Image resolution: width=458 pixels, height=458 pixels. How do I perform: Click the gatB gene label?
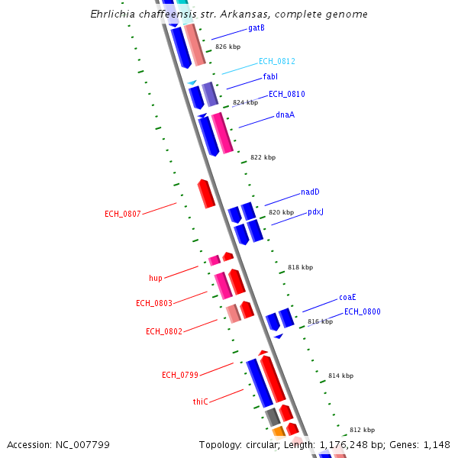click(x=256, y=28)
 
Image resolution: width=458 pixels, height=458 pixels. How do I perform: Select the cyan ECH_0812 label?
click(x=276, y=61)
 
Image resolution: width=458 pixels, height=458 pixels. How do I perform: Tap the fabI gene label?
click(x=270, y=77)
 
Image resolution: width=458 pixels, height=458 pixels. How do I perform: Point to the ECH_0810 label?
click(x=287, y=95)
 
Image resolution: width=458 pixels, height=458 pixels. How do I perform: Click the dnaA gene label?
click(x=285, y=115)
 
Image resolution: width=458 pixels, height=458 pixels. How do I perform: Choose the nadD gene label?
click(x=310, y=192)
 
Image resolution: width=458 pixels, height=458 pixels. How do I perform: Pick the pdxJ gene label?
click(x=315, y=212)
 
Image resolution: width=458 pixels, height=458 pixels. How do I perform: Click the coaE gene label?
click(x=347, y=298)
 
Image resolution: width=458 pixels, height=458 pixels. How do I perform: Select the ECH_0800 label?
click(x=362, y=312)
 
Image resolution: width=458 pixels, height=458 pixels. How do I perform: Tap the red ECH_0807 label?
click(x=122, y=214)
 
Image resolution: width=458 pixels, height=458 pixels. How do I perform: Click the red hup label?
click(x=155, y=278)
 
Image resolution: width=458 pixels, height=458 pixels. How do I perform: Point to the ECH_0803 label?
click(x=154, y=304)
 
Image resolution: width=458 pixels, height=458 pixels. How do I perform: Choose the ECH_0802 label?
click(x=164, y=331)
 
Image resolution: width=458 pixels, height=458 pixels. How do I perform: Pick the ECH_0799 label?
click(x=180, y=375)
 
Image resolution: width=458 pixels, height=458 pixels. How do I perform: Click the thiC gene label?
click(x=200, y=402)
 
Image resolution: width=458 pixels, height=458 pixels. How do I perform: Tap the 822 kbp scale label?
click(x=263, y=158)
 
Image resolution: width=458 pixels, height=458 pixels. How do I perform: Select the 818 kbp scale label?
click(x=300, y=268)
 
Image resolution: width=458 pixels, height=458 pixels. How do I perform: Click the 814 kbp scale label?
click(x=340, y=376)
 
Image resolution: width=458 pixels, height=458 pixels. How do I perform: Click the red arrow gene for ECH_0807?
click(x=206, y=194)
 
